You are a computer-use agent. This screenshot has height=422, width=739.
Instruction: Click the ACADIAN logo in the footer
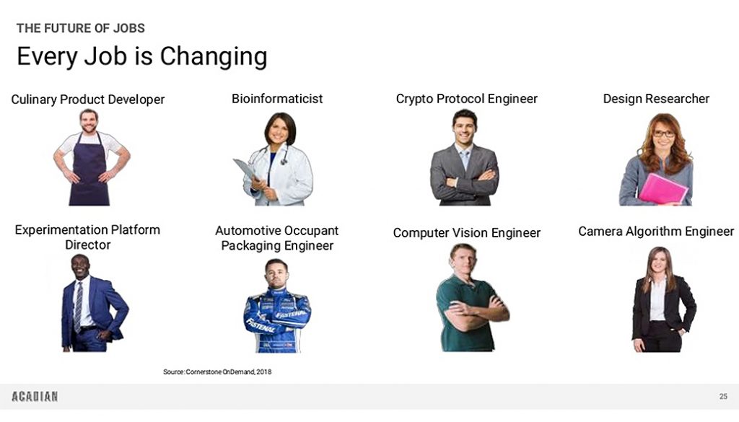[x=35, y=397]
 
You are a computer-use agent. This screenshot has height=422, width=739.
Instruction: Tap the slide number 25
[x=723, y=397]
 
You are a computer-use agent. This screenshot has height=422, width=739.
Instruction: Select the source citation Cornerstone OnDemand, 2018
[x=217, y=372]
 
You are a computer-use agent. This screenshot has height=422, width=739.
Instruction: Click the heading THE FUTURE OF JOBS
[x=81, y=28]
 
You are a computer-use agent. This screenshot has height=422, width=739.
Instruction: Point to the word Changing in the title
[x=214, y=56]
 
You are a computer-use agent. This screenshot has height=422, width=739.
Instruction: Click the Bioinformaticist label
[x=277, y=98]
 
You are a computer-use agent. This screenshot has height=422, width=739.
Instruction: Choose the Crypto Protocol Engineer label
[x=467, y=99]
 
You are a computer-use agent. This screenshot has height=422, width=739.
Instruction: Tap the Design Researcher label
[x=656, y=99]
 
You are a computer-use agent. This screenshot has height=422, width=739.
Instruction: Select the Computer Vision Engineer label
[x=467, y=233]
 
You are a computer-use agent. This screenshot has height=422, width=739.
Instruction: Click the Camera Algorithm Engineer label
[x=656, y=232]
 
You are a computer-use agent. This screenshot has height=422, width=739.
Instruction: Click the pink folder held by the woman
[x=663, y=189]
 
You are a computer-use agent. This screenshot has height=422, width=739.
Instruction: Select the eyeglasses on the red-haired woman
[x=664, y=133]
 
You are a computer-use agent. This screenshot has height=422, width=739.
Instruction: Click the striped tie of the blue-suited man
[x=78, y=306]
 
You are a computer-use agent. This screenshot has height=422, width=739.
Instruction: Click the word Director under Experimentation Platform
[x=87, y=245]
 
